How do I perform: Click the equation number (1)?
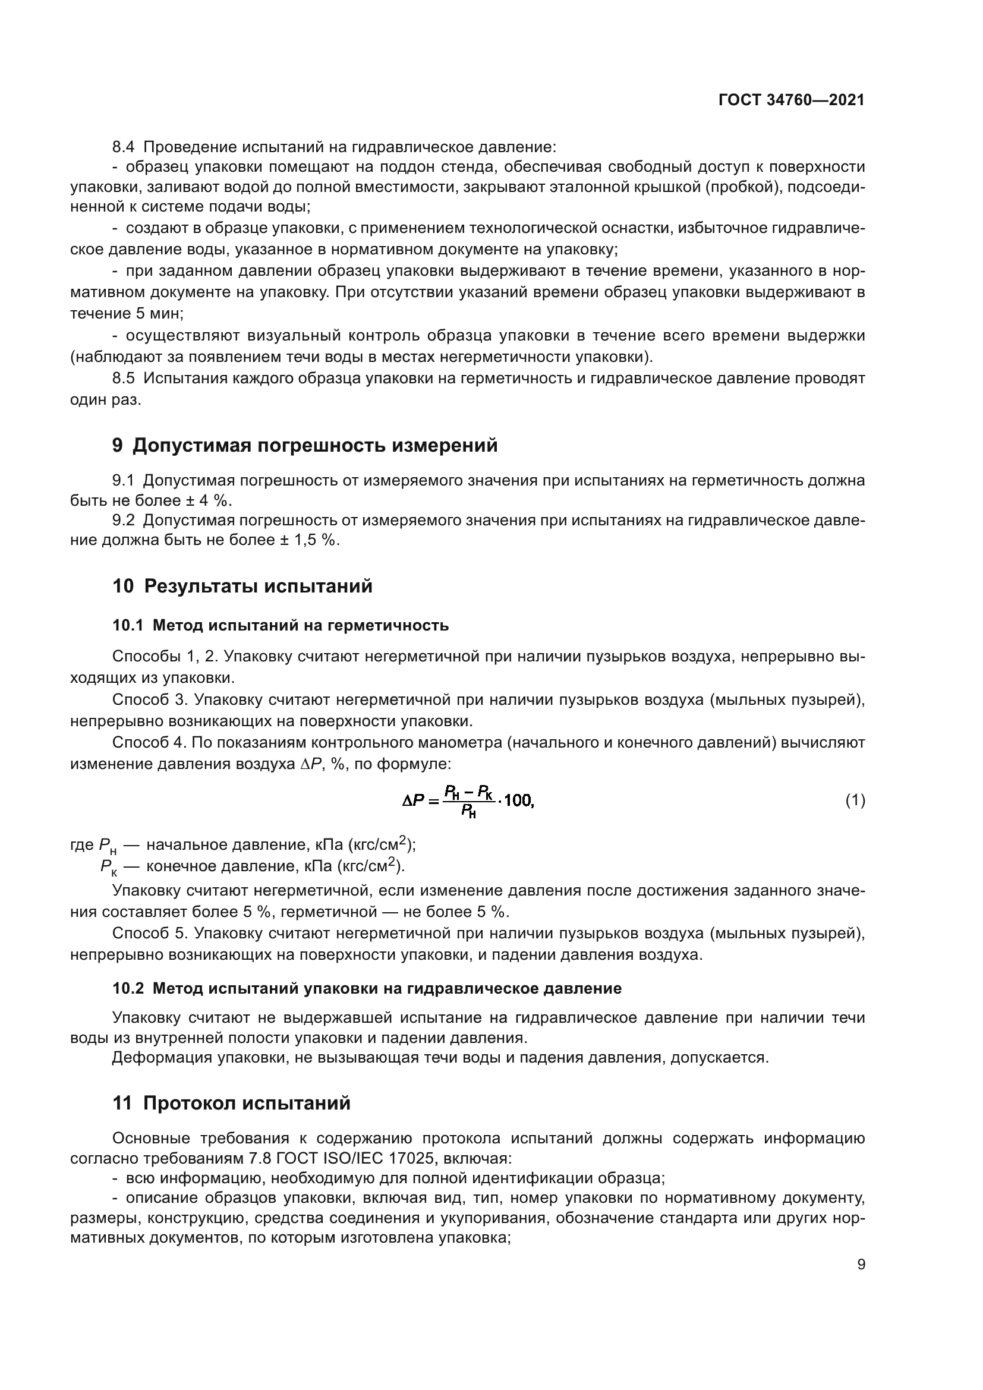coord(855,801)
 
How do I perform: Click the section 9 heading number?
coord(118,446)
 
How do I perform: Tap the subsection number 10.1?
coord(127,625)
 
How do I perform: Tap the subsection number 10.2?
coord(128,989)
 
